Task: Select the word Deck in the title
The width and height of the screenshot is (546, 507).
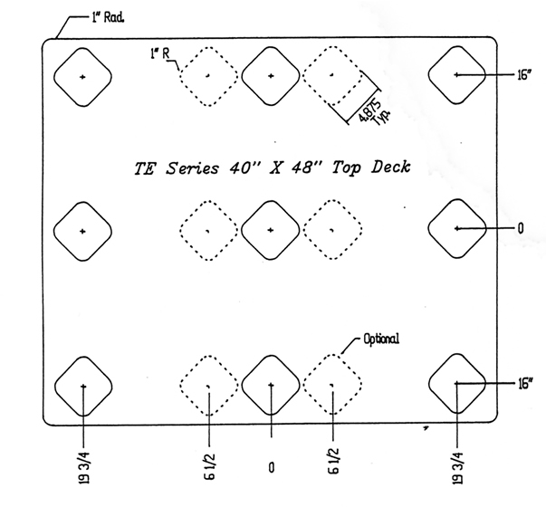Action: click(x=393, y=167)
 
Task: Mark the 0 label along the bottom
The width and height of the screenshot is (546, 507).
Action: click(x=271, y=467)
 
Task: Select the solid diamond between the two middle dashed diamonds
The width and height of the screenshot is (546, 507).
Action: click(x=271, y=230)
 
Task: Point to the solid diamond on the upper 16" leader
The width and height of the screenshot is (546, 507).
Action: click(x=457, y=74)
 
